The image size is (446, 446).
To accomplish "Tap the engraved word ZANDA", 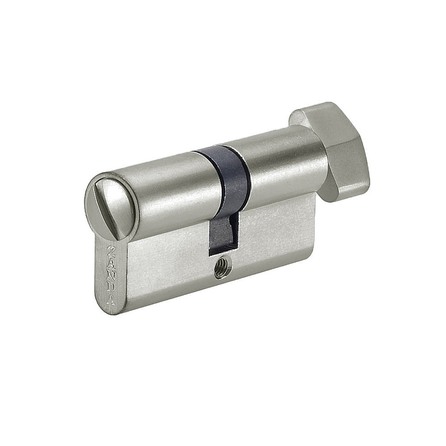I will [x=111, y=274].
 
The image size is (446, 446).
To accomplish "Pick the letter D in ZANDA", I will [x=111, y=286].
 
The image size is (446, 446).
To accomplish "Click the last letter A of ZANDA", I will [x=111, y=298].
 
